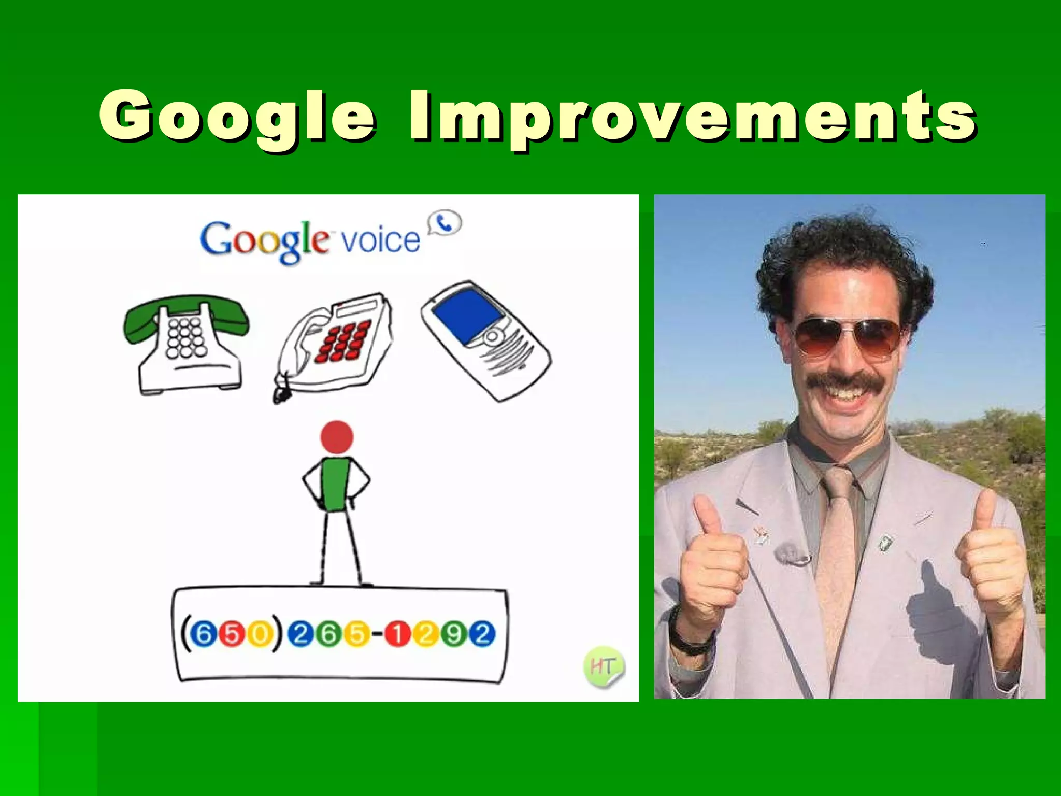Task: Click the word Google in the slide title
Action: click(237, 117)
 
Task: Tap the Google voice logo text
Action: click(310, 240)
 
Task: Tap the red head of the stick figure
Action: click(337, 436)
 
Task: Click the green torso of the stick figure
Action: click(336, 485)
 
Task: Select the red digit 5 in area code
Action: click(232, 634)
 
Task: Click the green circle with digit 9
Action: click(454, 634)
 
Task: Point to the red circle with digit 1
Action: click(397, 634)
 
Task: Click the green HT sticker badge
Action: click(603, 666)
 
